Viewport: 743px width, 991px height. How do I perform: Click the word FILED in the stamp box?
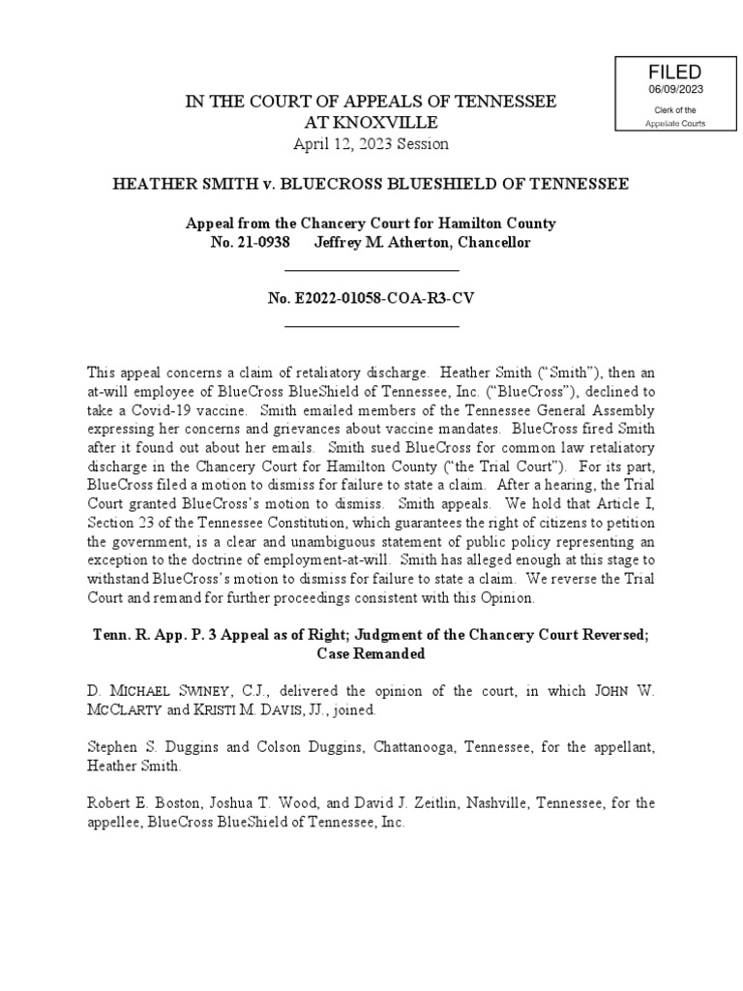click(x=675, y=74)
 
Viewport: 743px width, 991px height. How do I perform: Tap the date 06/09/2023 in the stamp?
click(x=675, y=90)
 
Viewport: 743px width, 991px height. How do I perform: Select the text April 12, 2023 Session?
click(x=371, y=143)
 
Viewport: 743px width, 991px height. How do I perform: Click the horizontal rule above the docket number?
click(x=371, y=270)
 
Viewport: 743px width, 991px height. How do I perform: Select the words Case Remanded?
click(x=371, y=653)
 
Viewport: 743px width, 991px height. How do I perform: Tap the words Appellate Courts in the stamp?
click(x=675, y=123)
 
